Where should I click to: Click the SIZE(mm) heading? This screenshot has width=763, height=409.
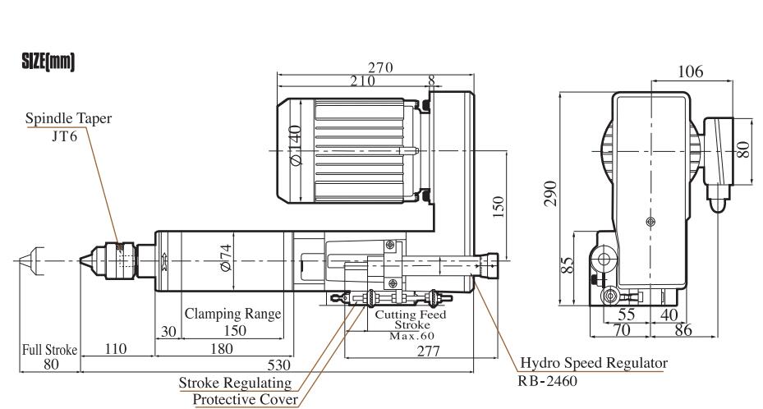[x=48, y=62]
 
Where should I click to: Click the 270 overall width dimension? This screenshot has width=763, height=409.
[x=380, y=67]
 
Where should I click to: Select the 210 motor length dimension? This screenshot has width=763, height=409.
[x=362, y=80]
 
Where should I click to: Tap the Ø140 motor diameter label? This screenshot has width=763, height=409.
[x=295, y=145]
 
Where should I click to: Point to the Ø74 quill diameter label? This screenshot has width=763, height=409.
[x=225, y=258]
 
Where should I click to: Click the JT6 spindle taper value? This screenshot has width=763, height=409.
[x=64, y=136]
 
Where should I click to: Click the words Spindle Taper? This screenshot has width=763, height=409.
[x=69, y=118]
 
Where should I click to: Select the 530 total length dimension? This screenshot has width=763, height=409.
[x=278, y=365]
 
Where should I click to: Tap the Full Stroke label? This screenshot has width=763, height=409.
[x=49, y=350]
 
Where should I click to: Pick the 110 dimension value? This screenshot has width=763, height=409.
[x=115, y=349]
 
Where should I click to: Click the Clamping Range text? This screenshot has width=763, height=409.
[x=232, y=314]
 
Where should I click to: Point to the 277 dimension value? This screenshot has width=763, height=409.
[x=428, y=351]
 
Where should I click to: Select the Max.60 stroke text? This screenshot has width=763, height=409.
[x=411, y=336]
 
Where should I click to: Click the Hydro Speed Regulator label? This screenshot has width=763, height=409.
[x=594, y=363]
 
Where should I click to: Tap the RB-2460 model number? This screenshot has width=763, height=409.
[x=548, y=380]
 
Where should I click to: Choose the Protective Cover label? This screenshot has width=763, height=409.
[x=246, y=399]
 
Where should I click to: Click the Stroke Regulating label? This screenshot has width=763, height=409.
[x=235, y=384]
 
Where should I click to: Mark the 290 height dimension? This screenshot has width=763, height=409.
[x=550, y=194]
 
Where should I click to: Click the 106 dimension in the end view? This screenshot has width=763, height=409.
[x=691, y=72]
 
